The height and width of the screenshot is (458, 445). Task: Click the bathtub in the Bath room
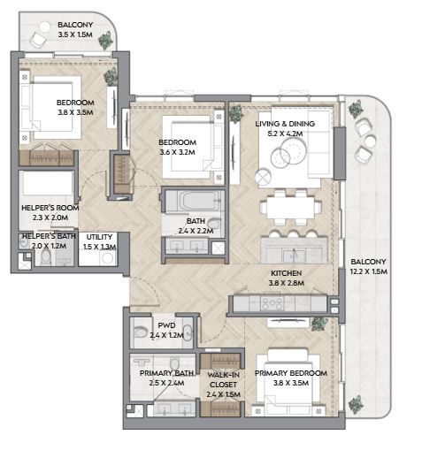[195, 201]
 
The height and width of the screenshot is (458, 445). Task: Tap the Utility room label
[99, 237]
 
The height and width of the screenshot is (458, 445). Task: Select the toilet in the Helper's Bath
[46, 258]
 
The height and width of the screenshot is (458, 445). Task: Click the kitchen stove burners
[272, 303]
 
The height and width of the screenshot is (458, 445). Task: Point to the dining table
[291, 207]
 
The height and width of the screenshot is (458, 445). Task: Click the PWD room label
[166, 325]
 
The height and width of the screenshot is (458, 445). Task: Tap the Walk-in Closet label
[223, 379]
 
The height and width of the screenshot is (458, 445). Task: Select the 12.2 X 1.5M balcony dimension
[369, 271]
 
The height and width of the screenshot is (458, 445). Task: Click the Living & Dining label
[285, 124]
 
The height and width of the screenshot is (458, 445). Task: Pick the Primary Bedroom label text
[291, 373]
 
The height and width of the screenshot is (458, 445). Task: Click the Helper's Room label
[50, 208]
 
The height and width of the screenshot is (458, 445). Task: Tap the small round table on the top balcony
[45, 27]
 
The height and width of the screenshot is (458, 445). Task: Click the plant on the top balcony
[105, 41]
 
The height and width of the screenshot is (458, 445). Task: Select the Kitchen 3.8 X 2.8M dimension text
[287, 283]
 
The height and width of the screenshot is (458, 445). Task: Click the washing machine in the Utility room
[107, 258]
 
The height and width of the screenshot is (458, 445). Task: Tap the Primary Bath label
[166, 373]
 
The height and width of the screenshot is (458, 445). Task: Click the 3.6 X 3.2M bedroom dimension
[177, 152]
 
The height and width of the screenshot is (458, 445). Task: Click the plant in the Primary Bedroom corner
[319, 324]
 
